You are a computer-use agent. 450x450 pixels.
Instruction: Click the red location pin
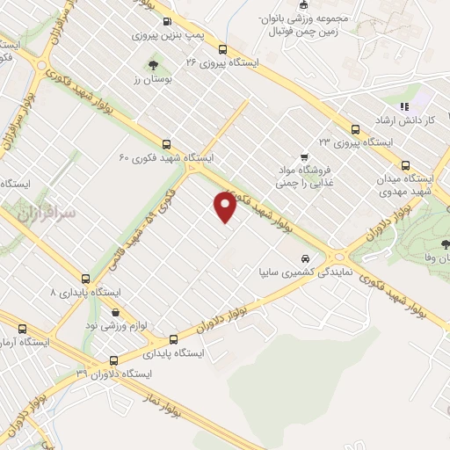pos(226,207)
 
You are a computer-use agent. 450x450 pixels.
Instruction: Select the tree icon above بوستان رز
pos(154,64)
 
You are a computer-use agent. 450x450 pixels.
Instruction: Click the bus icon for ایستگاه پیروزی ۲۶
pos(223,50)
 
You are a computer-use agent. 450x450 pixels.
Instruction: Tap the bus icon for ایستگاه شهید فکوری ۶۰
pos(166,144)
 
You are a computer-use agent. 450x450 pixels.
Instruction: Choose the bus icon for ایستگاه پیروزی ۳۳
pos(356,128)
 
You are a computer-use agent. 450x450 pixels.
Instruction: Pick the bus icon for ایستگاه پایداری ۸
pos(85,279)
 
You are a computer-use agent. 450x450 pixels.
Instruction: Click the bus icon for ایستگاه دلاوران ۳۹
pos(113,360)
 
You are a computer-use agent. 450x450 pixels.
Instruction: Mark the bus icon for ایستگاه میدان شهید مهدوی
pos(406,164)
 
